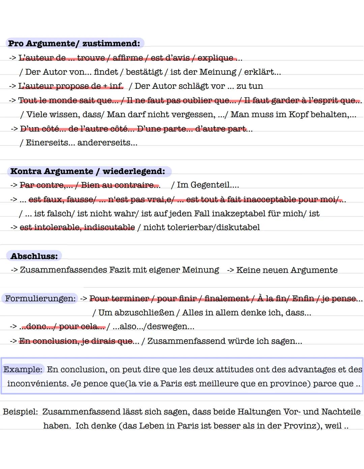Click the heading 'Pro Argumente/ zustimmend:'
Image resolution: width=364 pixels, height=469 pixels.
point(74,43)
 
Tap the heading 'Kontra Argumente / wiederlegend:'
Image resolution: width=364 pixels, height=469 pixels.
point(88,171)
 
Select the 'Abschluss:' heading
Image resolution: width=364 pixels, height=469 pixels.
point(34,256)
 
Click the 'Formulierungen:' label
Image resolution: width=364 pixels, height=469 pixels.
point(40,298)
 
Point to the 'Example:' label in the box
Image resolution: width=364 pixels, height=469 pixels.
point(23,369)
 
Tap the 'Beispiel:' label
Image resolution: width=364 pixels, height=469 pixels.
point(20,411)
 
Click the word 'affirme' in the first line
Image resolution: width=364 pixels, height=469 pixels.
point(128,58)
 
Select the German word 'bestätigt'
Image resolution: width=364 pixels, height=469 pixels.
point(144,72)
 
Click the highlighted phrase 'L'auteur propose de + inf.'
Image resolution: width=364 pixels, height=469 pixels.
point(71,86)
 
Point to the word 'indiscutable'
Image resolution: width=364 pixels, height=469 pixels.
point(110,227)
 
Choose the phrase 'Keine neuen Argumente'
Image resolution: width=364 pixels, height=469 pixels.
point(287,270)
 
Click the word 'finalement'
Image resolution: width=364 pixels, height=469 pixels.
point(226,298)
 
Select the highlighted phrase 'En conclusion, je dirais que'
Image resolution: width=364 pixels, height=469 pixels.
point(76,341)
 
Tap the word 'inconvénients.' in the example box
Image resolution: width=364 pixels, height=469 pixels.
point(37,384)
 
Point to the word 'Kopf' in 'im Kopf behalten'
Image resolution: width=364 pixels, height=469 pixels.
point(298,114)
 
